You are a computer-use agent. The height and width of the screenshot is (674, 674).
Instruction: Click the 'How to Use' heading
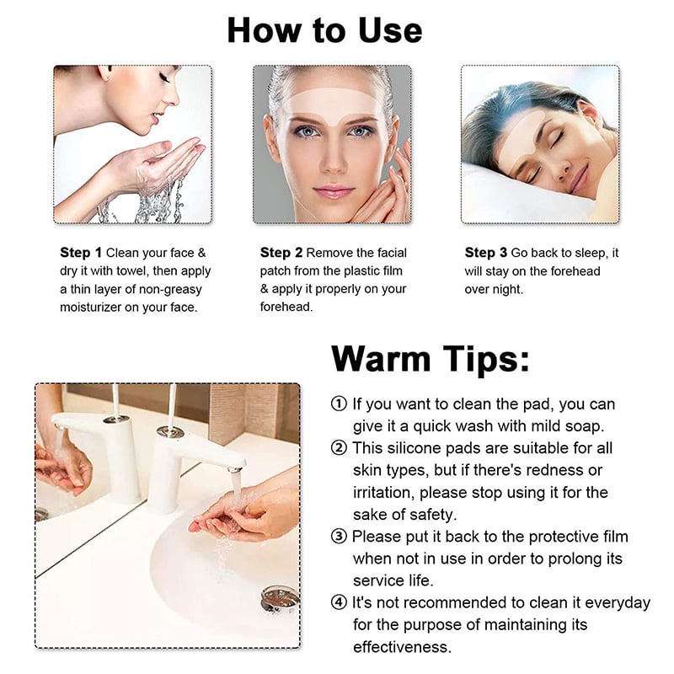click(324, 30)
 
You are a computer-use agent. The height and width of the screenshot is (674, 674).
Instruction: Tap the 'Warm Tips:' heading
click(431, 358)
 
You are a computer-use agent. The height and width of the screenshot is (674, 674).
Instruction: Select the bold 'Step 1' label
click(81, 253)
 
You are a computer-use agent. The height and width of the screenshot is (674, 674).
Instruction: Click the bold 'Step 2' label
click(281, 253)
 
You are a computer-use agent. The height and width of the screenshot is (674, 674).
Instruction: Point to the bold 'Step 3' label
click(486, 253)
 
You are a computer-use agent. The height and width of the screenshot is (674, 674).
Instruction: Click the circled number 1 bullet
click(339, 404)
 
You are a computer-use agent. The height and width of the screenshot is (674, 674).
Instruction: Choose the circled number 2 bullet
click(339, 447)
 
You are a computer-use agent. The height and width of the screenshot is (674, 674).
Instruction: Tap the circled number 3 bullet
click(339, 537)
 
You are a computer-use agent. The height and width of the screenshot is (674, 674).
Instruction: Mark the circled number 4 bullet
click(339, 603)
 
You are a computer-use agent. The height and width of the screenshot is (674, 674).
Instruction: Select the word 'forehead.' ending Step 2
click(286, 308)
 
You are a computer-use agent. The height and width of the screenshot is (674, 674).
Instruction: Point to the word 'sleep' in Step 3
click(594, 253)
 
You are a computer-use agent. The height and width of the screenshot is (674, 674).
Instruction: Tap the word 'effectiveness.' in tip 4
click(402, 647)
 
